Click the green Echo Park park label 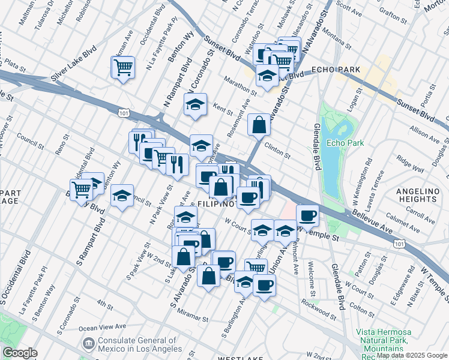(x=340, y=143)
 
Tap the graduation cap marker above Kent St (x=195, y=105)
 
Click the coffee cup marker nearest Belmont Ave (x=307, y=215)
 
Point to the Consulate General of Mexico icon (x=88, y=343)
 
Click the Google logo (x=20, y=353)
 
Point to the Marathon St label (x=243, y=88)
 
